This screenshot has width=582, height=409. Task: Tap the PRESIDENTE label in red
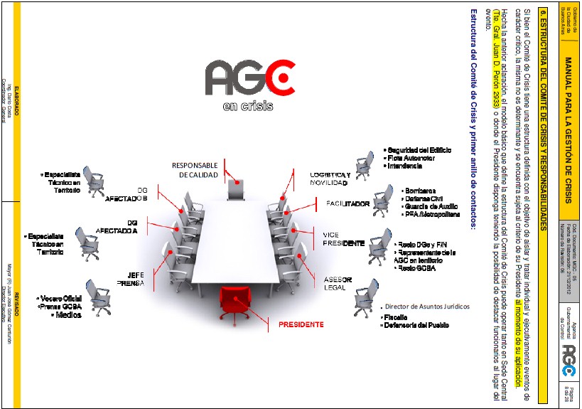tap(301, 324)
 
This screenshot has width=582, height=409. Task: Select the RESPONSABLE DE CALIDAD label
tap(194, 170)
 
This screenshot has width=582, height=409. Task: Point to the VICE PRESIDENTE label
tap(343, 239)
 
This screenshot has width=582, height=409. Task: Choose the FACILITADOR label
tap(347, 203)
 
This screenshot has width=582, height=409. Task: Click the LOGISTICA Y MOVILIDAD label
tap(329, 179)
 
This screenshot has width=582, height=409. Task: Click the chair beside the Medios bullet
tap(97, 295)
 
